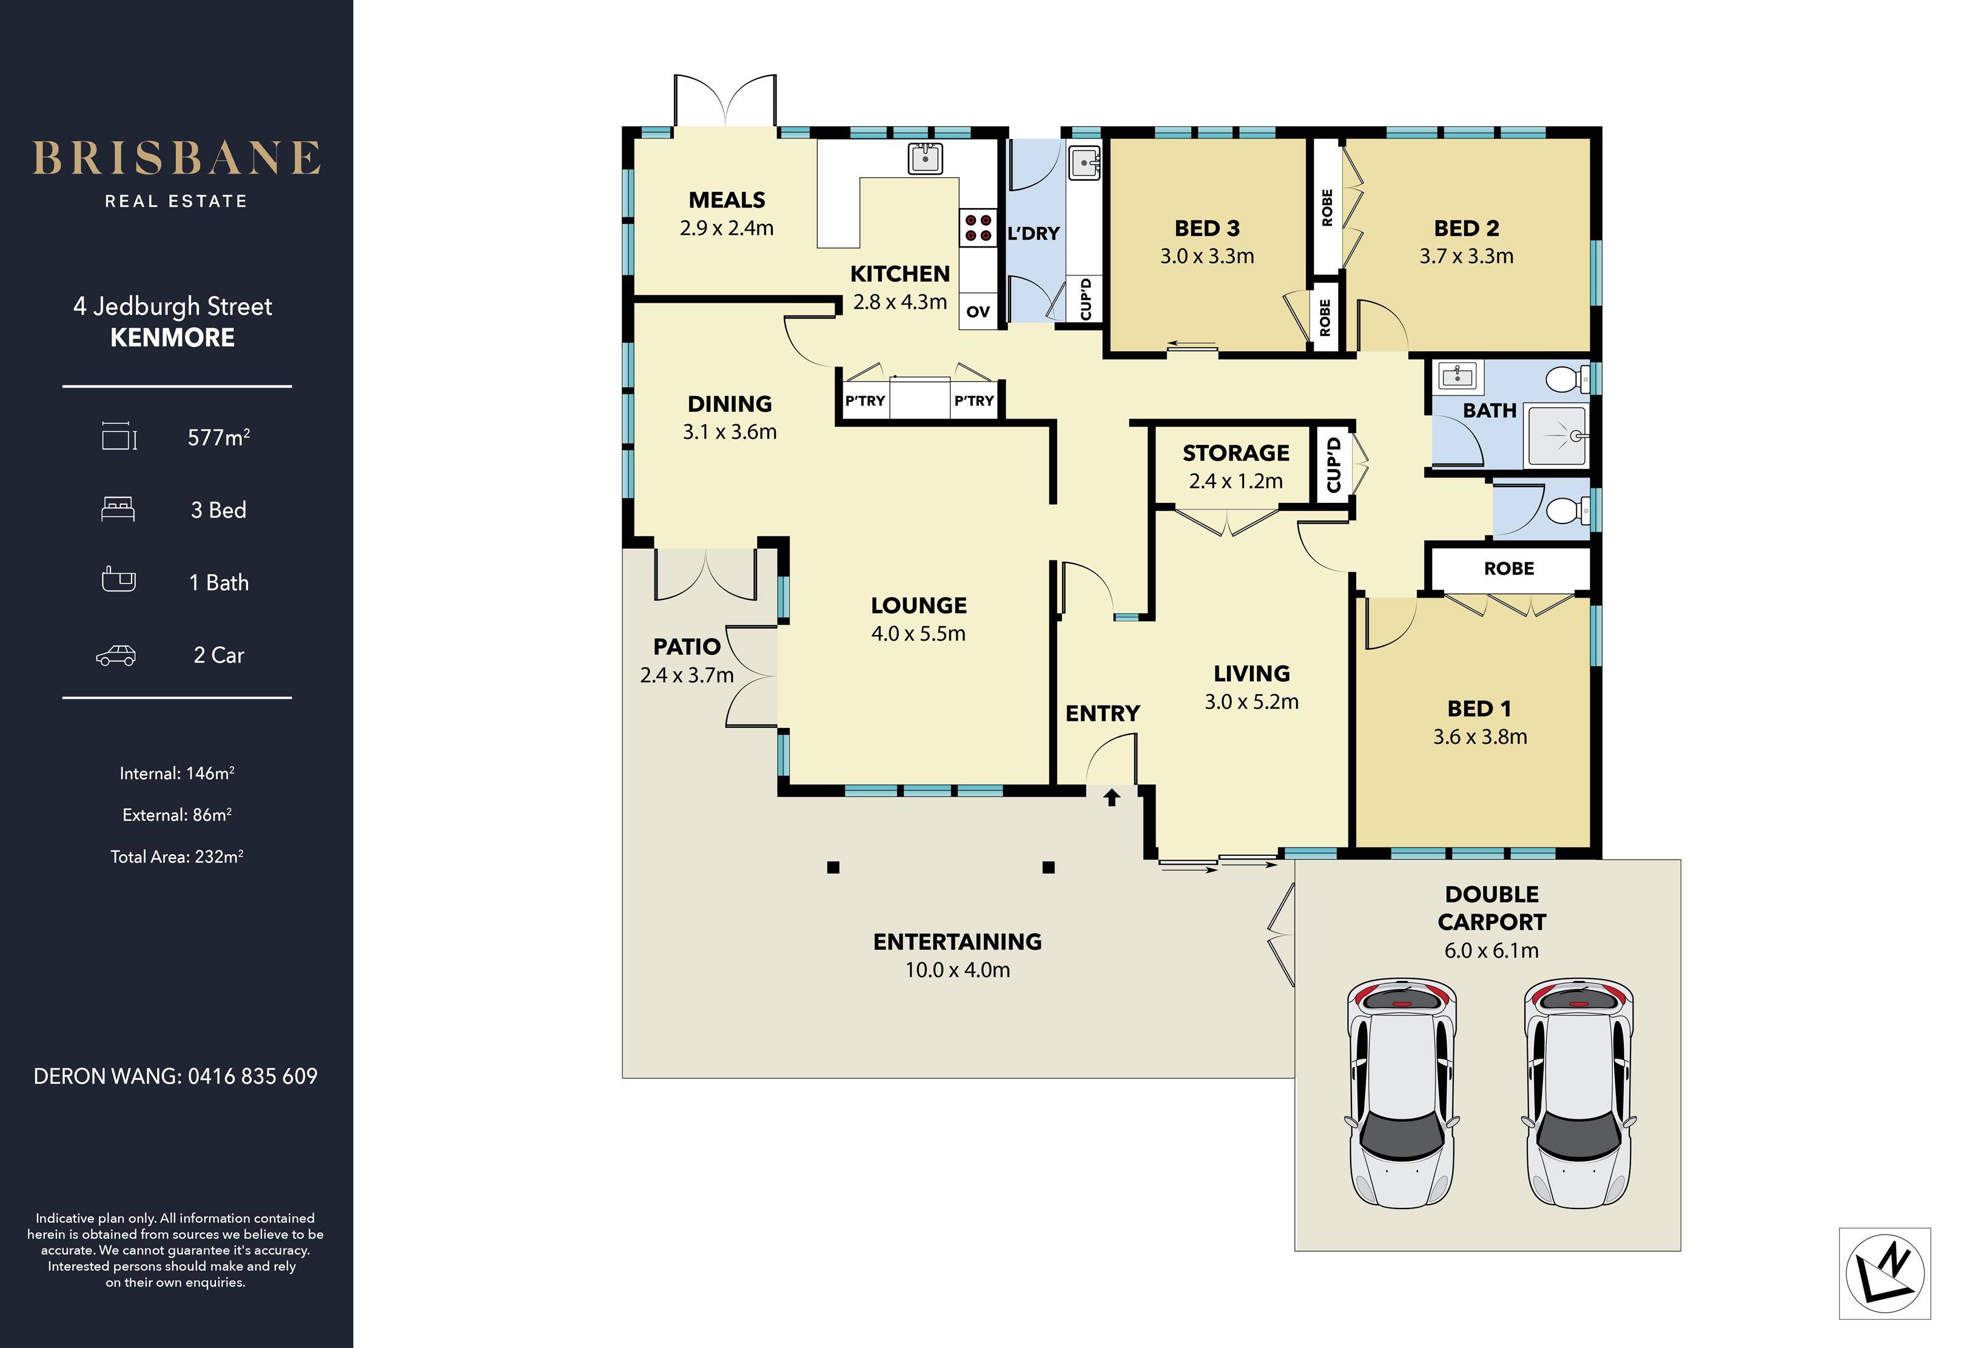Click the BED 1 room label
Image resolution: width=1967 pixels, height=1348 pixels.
point(1479,709)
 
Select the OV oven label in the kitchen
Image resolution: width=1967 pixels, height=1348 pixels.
point(978,312)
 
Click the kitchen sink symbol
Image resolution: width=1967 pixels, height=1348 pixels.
point(925,158)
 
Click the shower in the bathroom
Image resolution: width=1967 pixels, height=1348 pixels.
point(1558,435)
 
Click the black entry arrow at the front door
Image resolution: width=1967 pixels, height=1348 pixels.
point(1111,797)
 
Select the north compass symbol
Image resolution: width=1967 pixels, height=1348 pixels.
point(1885,1273)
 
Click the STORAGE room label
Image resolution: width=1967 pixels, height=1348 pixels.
point(1236,453)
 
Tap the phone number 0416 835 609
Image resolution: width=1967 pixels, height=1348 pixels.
point(252,1076)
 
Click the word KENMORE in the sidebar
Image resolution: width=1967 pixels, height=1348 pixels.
point(173,338)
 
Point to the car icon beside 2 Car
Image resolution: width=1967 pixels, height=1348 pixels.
point(116,655)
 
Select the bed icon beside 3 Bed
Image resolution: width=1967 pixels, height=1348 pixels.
point(118,509)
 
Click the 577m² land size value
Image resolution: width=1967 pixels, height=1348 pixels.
point(218,437)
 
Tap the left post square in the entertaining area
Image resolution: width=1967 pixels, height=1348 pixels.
point(833,867)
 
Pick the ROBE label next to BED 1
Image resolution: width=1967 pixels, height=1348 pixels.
point(1508,568)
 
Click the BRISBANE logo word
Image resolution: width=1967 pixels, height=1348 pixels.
point(176,158)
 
